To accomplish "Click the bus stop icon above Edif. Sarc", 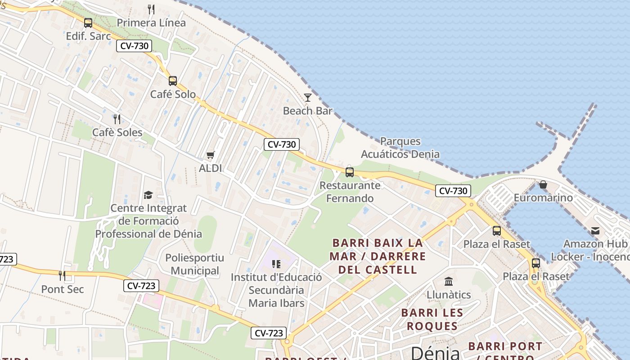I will (88, 22).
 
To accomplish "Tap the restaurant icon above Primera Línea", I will (151, 9).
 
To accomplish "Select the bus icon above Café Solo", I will (173, 81).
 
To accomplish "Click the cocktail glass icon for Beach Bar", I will (308, 97).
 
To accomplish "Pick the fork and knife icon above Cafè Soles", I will (117, 119).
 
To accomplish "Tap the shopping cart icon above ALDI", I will (210, 155).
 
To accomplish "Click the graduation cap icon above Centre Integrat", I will (148, 195).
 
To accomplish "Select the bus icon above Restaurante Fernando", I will (350, 172).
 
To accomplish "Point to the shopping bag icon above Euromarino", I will (543, 184).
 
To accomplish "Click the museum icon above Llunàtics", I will (449, 282).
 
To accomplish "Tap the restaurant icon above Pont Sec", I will (62, 276).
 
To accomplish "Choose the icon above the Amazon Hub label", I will (595, 231).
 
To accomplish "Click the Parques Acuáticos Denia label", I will (400, 148).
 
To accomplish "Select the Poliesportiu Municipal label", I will (195, 264).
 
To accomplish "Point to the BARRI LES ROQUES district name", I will (432, 319).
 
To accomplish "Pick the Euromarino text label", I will (543, 198).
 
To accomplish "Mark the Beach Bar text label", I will (308, 111).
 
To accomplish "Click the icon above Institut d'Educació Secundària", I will (276, 264).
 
